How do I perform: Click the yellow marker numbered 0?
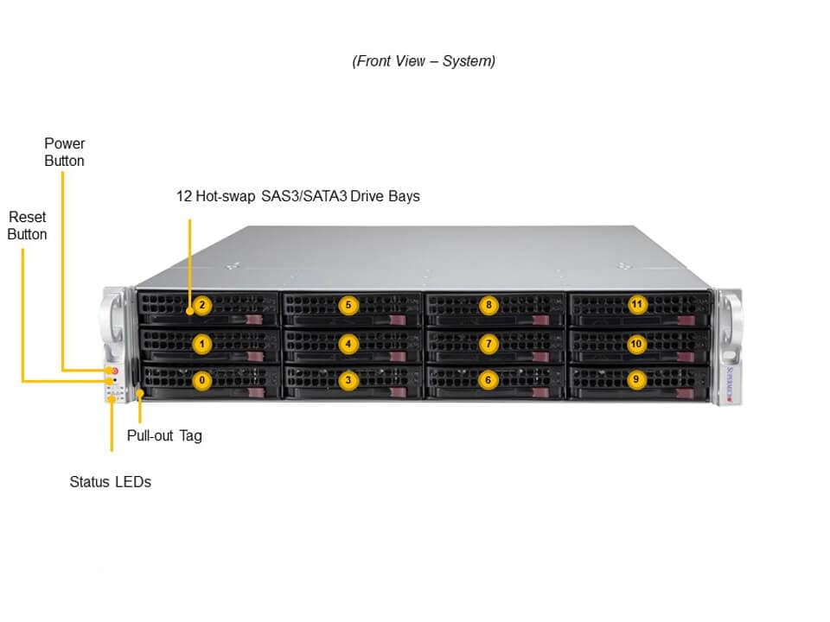point(201,380)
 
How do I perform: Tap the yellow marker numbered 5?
point(348,305)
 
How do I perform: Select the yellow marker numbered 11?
point(637,305)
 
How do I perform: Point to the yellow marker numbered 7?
point(488,345)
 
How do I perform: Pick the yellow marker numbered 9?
point(636,380)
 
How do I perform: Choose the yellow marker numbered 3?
point(348,380)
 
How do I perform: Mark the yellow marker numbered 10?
point(636,345)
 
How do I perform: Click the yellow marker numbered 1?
point(201,345)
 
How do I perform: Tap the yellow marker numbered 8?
point(488,305)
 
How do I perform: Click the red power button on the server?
point(115,371)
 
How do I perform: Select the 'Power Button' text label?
point(65,152)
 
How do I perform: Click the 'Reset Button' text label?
point(27,225)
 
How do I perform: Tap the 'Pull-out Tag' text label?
point(164,435)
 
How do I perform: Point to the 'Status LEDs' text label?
point(110,482)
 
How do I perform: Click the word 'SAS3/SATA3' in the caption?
point(304,196)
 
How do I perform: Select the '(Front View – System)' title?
point(424,61)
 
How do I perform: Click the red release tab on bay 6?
point(540,392)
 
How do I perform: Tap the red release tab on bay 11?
point(686,321)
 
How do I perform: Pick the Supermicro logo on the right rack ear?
point(730,384)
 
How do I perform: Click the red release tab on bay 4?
point(398,357)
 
